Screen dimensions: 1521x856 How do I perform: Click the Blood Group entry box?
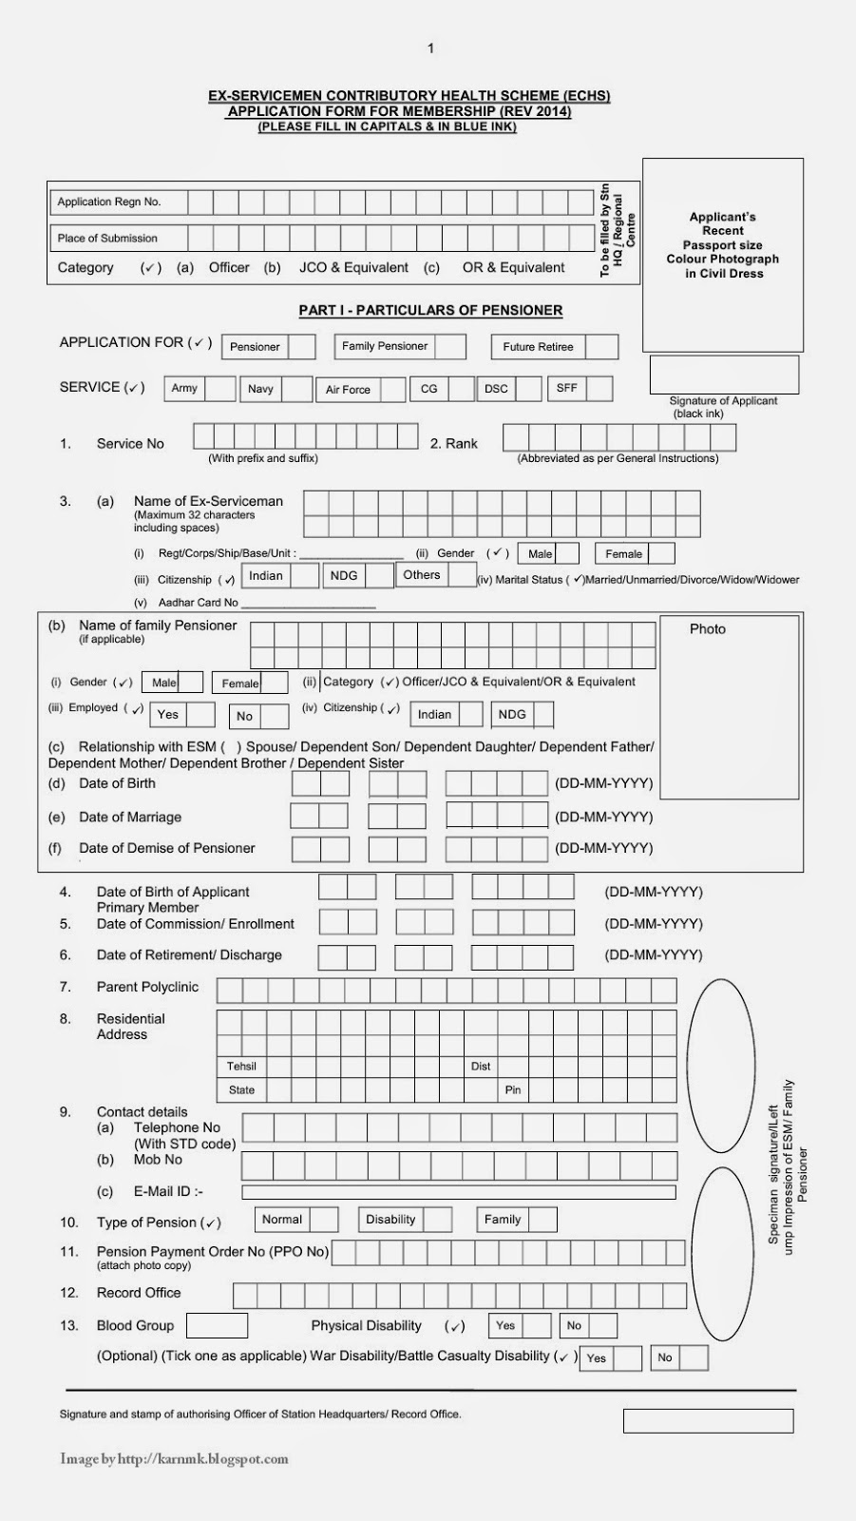coord(217,1325)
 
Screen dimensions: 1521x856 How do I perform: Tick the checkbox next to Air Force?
coord(392,390)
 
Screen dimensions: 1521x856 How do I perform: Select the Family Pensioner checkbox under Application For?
coord(450,346)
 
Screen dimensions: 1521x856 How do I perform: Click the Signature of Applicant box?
coord(724,375)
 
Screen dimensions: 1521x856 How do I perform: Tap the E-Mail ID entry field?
coord(458,1191)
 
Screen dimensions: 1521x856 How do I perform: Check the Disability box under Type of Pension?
coord(437,1220)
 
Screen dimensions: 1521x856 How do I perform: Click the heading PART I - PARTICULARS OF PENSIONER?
coord(430,310)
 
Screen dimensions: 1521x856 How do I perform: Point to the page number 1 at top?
coord(430,48)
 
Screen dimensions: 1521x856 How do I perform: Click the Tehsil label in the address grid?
coord(241,1066)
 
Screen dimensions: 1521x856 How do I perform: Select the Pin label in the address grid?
coord(513,1089)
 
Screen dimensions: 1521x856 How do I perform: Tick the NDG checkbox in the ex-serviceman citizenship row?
coord(379,576)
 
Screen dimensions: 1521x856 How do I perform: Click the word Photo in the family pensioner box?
coord(707,629)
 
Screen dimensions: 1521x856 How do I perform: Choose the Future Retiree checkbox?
coord(601,347)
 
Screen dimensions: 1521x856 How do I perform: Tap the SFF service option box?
coord(599,388)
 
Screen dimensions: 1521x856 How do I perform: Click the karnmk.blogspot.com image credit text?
coord(174,1458)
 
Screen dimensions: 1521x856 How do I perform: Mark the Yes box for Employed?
coord(200,715)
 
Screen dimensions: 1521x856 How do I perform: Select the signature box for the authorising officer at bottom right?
coord(708,1420)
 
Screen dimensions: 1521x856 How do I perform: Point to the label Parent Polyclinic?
coord(147,987)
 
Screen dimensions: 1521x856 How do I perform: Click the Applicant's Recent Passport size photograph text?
coord(722,244)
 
